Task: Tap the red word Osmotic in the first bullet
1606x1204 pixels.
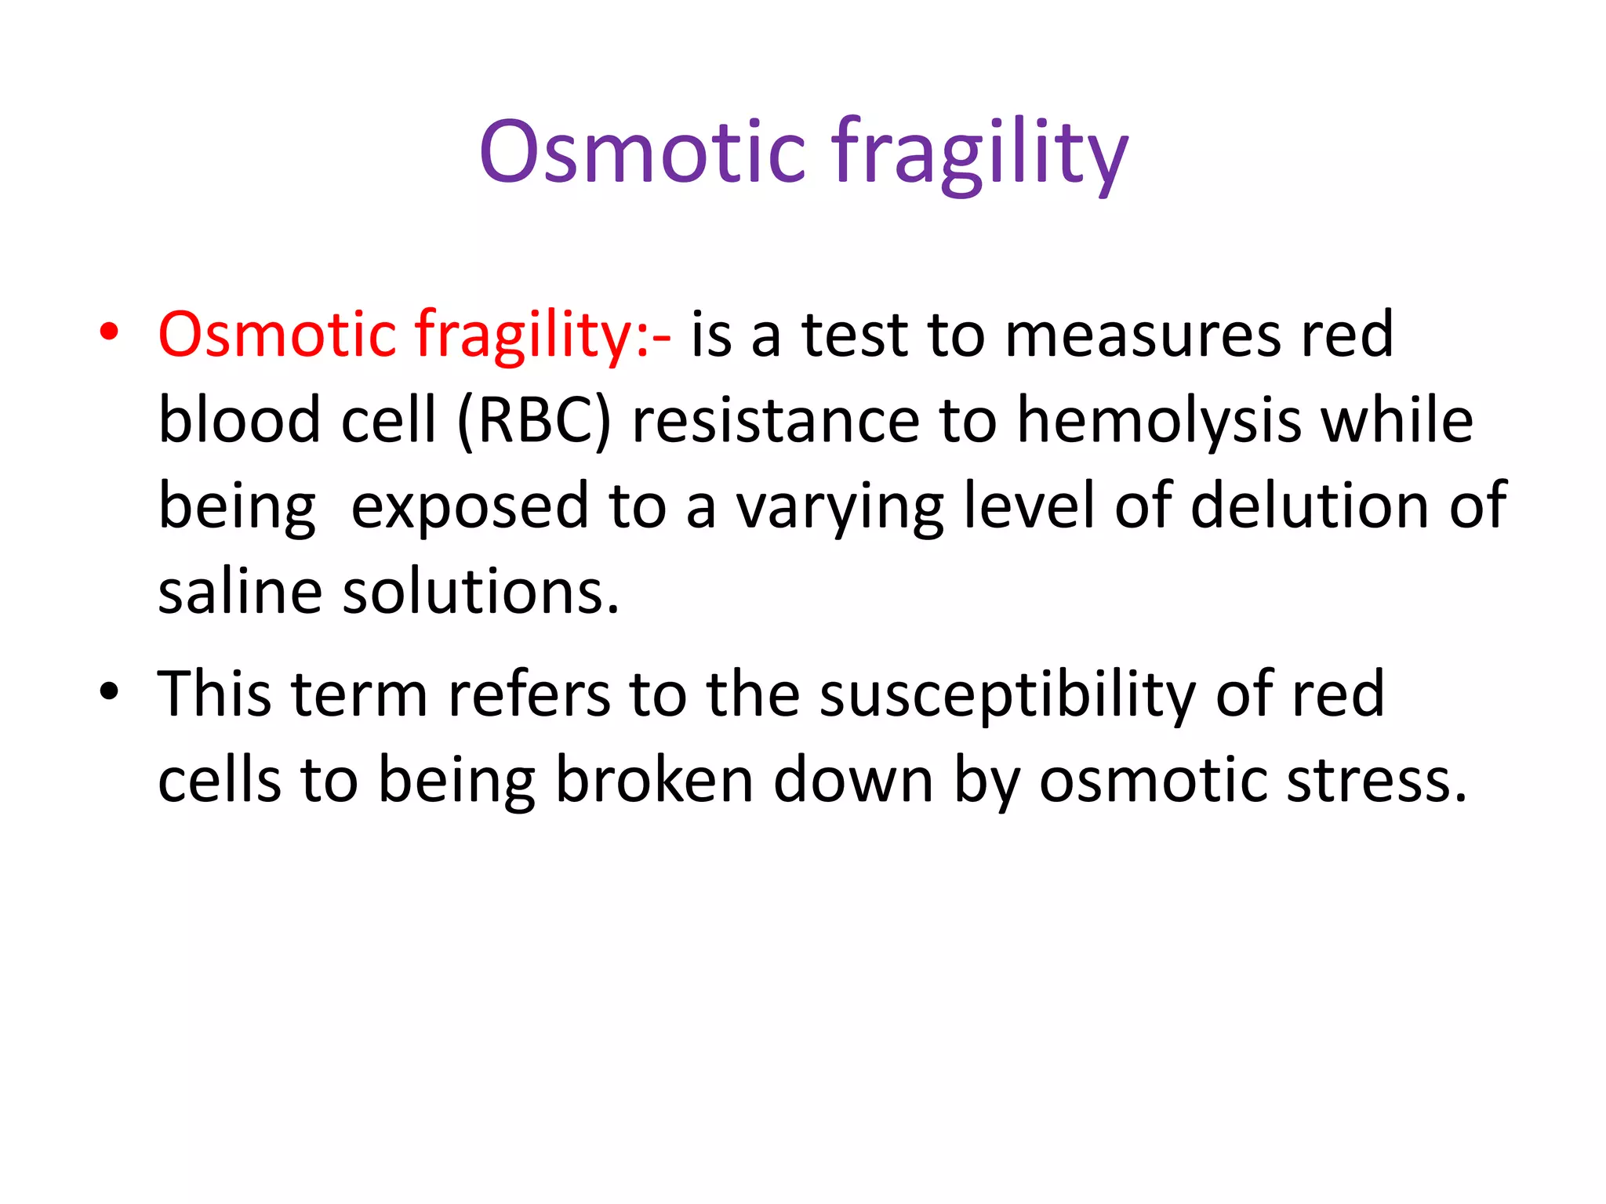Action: (x=277, y=335)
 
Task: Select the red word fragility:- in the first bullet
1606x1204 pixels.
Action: (x=542, y=335)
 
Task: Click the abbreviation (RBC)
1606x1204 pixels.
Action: (x=533, y=421)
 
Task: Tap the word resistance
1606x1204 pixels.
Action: (x=775, y=421)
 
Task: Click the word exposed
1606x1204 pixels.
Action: (x=469, y=507)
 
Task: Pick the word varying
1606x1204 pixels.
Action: (x=839, y=507)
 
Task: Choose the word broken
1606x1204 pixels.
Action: (x=654, y=780)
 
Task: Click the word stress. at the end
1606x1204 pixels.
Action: (x=1376, y=780)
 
